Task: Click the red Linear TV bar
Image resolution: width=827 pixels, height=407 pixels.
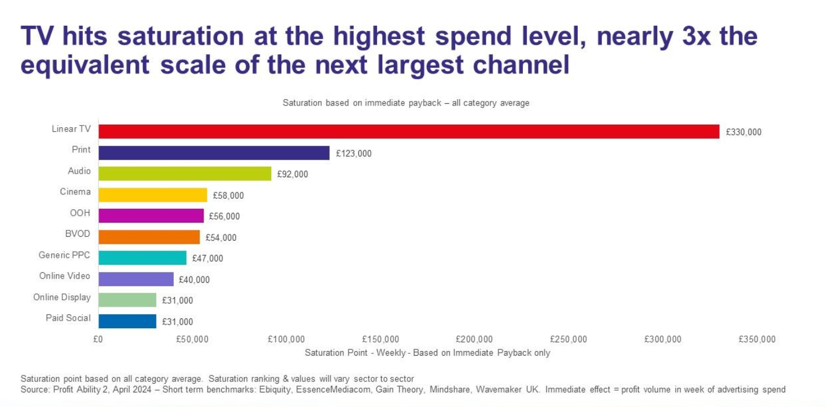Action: coord(409,132)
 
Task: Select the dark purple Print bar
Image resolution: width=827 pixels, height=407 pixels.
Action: coord(214,153)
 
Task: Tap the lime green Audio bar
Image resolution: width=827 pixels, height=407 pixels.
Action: coord(184,173)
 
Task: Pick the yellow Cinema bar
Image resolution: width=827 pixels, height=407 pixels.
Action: coord(152,195)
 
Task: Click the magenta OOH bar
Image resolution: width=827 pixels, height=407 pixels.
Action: coord(151,216)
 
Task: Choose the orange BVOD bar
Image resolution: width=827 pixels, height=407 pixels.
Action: coord(149,237)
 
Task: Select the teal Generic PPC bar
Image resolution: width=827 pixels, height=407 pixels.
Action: coord(142,258)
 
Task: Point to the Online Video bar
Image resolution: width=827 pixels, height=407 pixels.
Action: coord(136,279)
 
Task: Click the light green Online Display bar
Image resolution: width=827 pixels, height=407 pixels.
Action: coord(127,300)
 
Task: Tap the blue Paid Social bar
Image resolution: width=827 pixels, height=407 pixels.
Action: coord(127,321)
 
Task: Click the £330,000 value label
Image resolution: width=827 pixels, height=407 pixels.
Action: coord(744,132)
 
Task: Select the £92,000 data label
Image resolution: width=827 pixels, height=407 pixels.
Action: coord(292,174)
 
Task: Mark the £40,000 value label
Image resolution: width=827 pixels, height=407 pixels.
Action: coord(194,280)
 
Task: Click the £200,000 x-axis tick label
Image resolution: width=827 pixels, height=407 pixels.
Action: coord(474,339)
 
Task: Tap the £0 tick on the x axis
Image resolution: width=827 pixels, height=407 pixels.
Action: coord(97,339)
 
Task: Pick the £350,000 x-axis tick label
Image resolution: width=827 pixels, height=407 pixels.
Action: coord(758,339)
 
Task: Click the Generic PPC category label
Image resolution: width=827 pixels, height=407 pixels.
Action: coord(64,255)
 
